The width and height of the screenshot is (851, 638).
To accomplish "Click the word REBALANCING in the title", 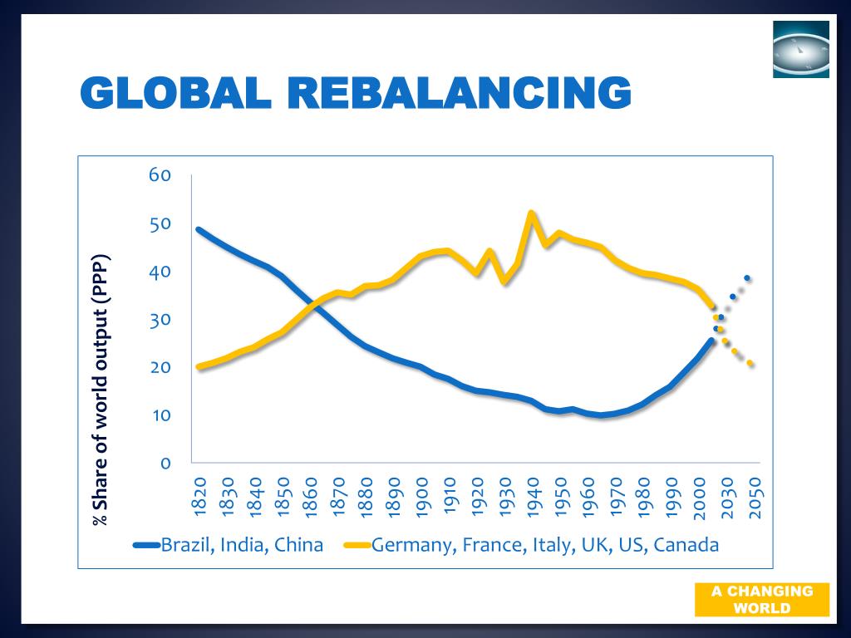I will [x=460, y=92].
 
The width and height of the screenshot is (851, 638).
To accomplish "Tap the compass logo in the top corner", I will [x=800, y=49].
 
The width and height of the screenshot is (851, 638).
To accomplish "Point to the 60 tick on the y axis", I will [x=160, y=175].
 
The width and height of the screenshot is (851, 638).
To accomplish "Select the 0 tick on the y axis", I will [x=166, y=463].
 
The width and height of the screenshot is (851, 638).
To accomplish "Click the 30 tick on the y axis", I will [x=160, y=320].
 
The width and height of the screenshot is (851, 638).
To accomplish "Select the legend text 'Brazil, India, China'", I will [x=242, y=546].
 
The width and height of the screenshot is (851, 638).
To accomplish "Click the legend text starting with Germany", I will [x=545, y=546].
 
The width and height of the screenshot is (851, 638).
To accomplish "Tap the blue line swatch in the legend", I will [x=146, y=546].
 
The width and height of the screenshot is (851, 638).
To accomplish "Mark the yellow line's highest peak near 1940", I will [x=531, y=213].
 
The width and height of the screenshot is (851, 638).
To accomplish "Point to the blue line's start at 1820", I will [x=199, y=229].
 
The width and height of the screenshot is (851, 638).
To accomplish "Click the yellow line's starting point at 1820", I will [x=199, y=366].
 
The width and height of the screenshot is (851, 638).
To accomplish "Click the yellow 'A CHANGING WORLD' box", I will [x=762, y=599].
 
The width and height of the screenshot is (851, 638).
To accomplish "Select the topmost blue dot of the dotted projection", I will [x=747, y=277].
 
